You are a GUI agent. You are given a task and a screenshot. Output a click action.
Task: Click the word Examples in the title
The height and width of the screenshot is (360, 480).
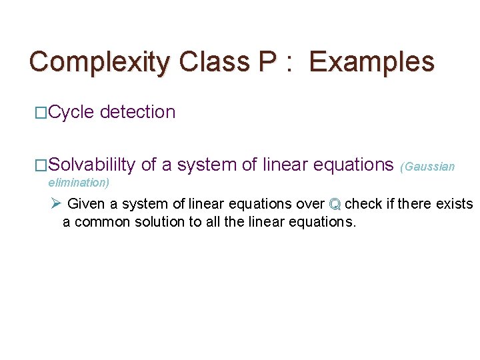(371, 62)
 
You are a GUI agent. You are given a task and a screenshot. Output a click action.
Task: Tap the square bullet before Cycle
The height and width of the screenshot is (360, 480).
(41, 113)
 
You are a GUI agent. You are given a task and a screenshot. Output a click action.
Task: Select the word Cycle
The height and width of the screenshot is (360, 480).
(71, 112)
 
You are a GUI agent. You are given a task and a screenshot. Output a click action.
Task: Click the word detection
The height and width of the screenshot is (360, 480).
(137, 112)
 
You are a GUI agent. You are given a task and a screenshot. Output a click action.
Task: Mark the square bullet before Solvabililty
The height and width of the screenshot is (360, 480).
(41, 165)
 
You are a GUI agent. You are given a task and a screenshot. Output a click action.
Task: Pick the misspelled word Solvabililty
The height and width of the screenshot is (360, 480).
(92, 165)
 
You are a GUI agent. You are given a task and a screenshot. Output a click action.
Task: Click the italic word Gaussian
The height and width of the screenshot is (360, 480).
(429, 167)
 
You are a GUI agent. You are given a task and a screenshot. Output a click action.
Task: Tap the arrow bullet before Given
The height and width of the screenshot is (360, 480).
(56, 203)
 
